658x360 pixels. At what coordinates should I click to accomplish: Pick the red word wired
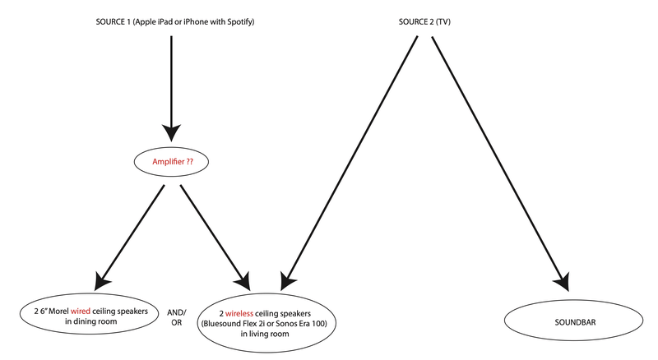point(79,311)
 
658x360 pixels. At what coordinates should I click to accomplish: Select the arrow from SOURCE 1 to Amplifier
point(171,82)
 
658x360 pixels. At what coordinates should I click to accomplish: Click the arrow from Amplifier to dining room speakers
point(130,233)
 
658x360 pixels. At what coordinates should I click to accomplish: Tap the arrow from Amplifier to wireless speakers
point(212,233)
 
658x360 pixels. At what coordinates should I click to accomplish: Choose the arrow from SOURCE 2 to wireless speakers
point(350,164)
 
